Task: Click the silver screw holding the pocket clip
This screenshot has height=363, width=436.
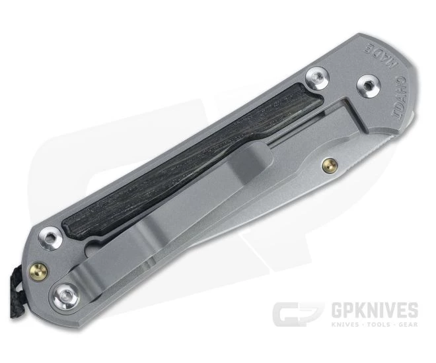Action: (x=66, y=292)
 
